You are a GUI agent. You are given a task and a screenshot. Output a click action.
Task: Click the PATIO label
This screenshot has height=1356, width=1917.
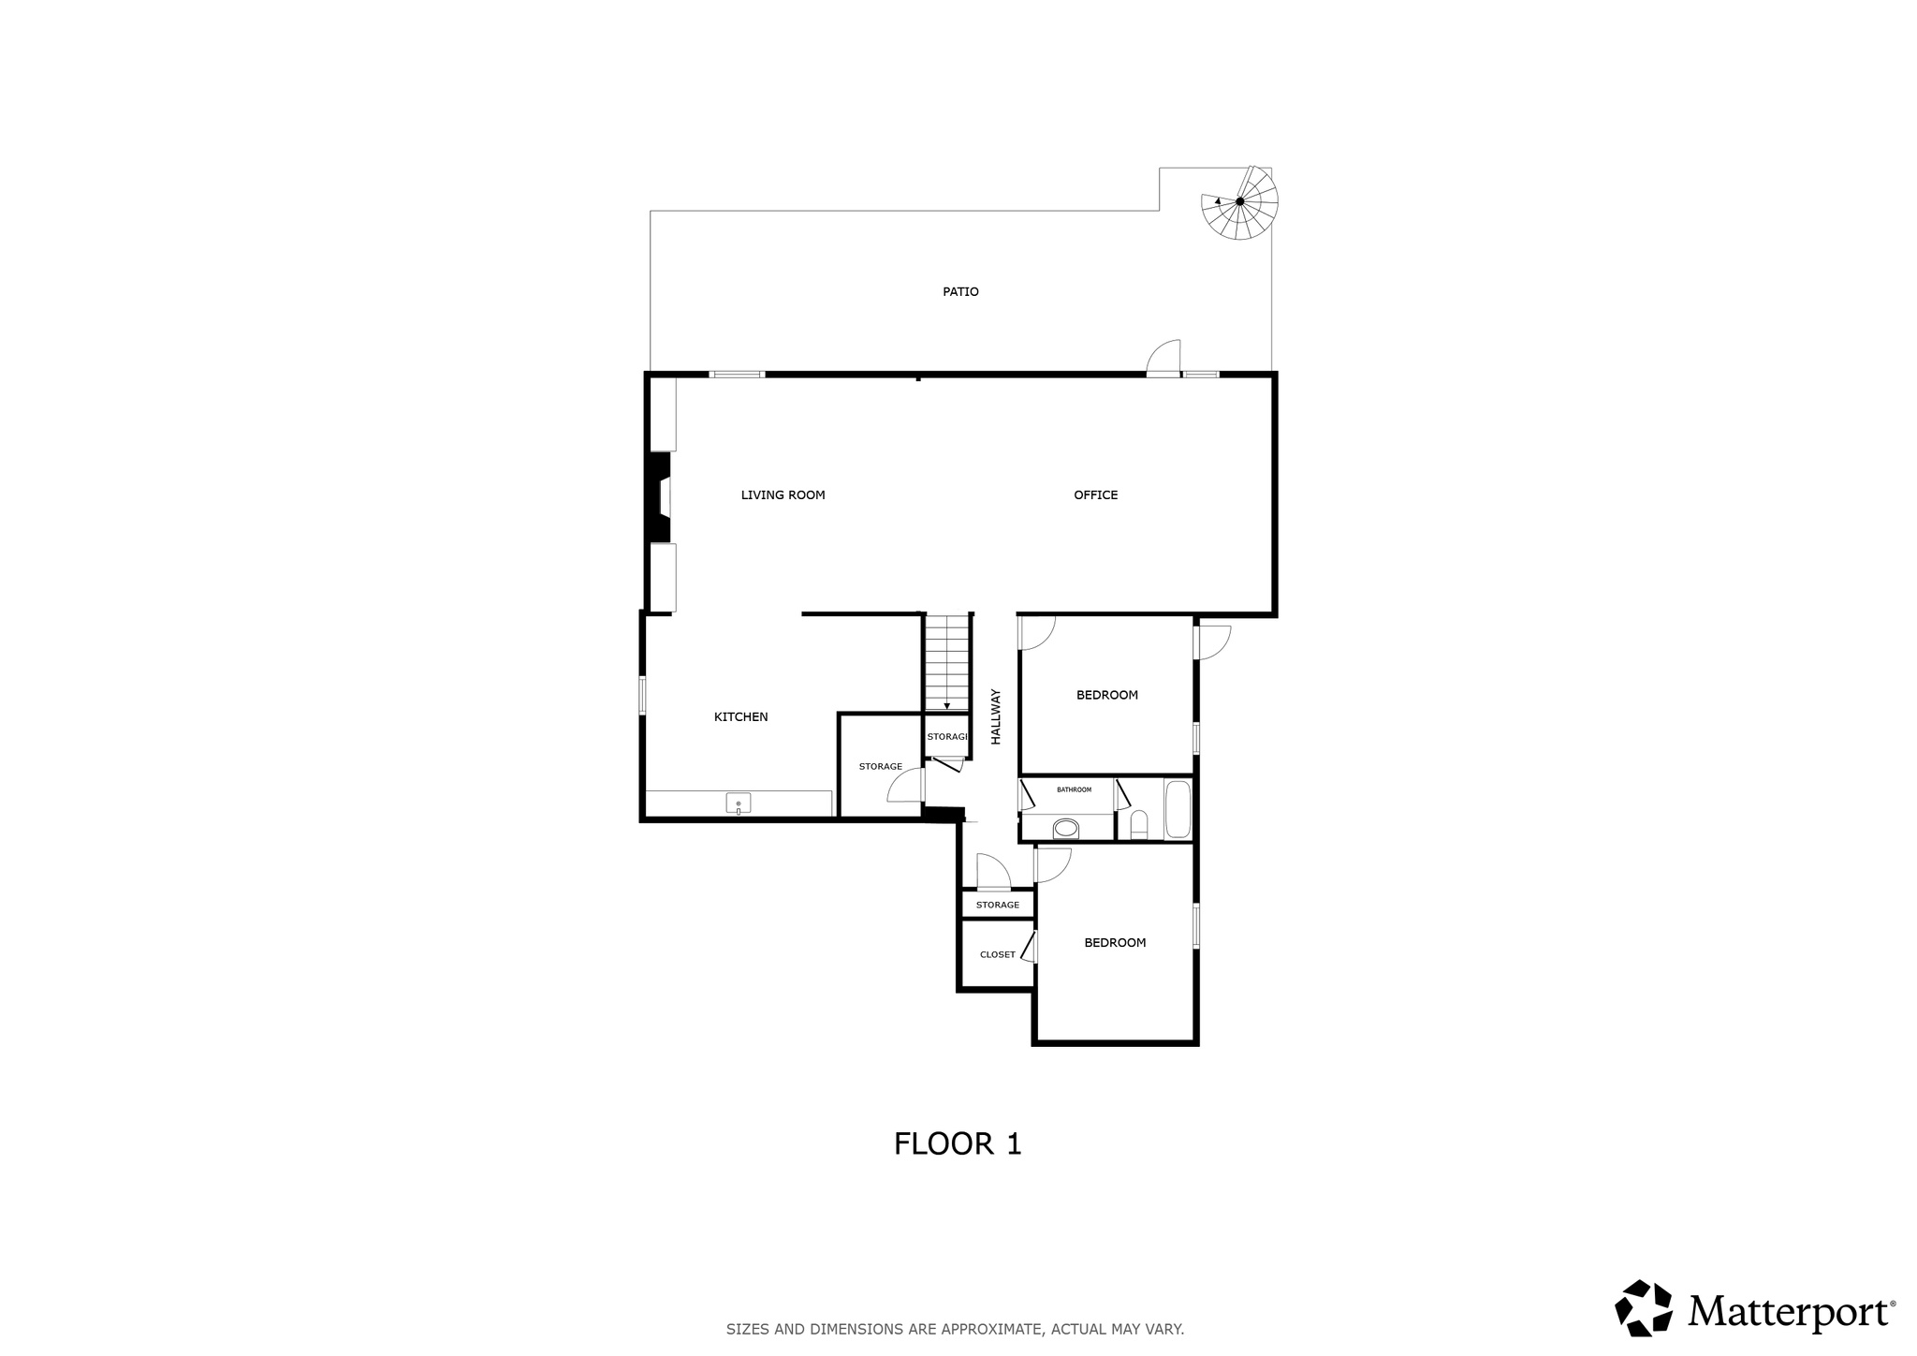960,292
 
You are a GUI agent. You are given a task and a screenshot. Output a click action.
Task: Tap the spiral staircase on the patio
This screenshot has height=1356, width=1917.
1239,202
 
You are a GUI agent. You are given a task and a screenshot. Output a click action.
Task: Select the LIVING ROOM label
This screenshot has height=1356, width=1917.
783,495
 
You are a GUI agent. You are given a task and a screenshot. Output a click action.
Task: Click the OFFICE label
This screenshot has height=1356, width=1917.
1095,495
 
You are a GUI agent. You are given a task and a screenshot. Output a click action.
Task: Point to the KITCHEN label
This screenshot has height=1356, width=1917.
740,717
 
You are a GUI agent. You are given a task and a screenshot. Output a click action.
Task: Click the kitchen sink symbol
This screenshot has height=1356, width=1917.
738,803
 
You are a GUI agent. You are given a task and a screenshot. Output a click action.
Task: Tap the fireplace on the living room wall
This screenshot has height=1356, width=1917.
660,497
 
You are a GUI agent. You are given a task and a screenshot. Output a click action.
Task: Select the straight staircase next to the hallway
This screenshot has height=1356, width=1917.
946,662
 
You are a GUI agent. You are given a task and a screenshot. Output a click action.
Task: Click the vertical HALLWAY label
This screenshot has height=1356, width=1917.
996,717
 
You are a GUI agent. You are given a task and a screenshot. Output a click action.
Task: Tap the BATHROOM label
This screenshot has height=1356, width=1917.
1074,789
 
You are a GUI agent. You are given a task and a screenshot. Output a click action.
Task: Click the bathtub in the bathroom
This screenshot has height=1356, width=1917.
1177,810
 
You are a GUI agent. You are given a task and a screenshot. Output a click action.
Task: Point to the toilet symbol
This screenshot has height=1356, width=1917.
1138,824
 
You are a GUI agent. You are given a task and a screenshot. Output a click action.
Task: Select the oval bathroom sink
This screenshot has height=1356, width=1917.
1065,828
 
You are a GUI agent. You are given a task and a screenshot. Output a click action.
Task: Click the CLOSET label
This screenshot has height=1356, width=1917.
997,955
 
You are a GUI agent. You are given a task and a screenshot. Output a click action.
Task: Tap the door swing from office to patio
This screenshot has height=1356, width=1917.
1164,357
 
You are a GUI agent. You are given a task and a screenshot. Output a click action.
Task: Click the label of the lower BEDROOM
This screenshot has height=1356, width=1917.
1115,943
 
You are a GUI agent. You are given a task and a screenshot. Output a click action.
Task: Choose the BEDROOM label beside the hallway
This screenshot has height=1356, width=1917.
1106,695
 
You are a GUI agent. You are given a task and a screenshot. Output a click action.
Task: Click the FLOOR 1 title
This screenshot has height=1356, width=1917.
958,1143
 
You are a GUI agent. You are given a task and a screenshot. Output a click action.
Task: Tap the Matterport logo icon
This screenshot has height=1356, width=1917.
1643,1307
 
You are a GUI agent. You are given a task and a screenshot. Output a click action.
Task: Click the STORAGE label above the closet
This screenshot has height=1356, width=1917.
997,905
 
